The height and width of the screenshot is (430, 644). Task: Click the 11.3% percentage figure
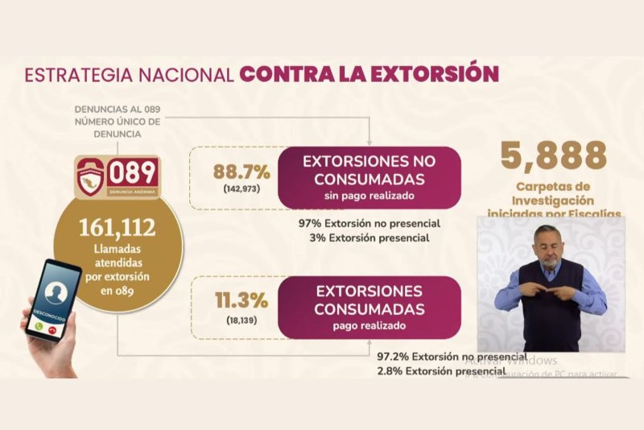coord(241,301)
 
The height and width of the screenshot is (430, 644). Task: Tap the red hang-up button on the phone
coord(53,330)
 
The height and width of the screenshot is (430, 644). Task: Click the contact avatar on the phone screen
coord(55,291)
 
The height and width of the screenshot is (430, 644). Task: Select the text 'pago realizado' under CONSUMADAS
coord(369,325)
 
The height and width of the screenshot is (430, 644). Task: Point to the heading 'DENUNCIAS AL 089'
coord(118,108)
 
